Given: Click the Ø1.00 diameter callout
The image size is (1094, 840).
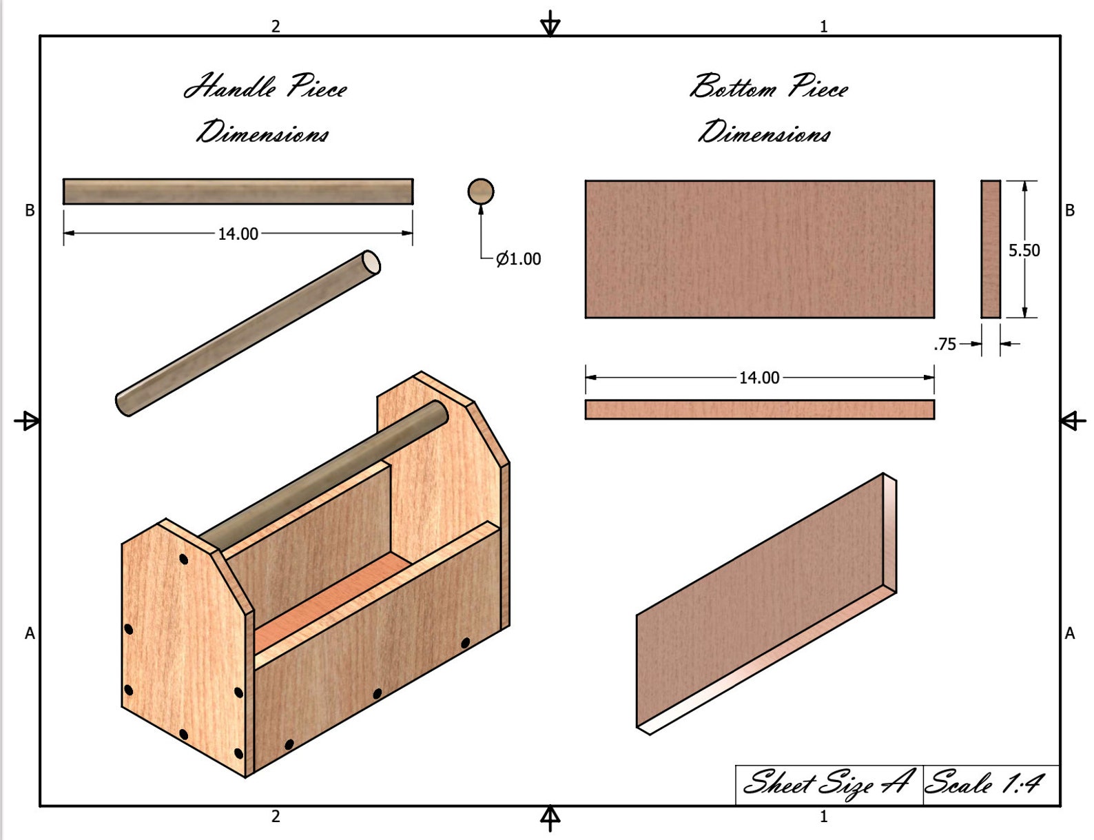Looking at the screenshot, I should click(x=518, y=259).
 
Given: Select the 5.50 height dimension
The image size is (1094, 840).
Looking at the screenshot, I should click(x=1024, y=250).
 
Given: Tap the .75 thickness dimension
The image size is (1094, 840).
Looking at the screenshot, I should click(x=945, y=344).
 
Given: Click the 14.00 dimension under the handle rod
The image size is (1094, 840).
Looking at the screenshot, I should click(x=238, y=234).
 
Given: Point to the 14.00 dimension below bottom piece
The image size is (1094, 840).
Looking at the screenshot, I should click(x=759, y=378).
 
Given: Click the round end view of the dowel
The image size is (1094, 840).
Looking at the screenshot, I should click(x=481, y=192).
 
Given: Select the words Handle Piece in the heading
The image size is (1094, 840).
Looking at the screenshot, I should click(x=265, y=87).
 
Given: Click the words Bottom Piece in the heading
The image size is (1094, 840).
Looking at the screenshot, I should click(x=769, y=87).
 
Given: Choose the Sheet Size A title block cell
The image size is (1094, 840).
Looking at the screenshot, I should click(x=827, y=783).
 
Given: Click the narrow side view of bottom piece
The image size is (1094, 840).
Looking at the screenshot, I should click(x=991, y=249).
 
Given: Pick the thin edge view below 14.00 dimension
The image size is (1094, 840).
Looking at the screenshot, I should click(x=759, y=409).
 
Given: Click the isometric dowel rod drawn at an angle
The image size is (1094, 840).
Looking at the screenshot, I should click(x=248, y=333).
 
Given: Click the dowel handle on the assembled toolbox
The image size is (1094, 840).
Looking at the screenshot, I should click(x=324, y=475).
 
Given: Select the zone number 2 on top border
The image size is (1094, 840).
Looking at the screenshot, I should click(x=276, y=26).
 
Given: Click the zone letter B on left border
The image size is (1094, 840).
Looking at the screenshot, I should click(x=30, y=211).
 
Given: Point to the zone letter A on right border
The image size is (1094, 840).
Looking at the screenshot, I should click(x=1069, y=633).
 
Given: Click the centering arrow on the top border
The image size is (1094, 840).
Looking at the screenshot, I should click(x=550, y=25).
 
